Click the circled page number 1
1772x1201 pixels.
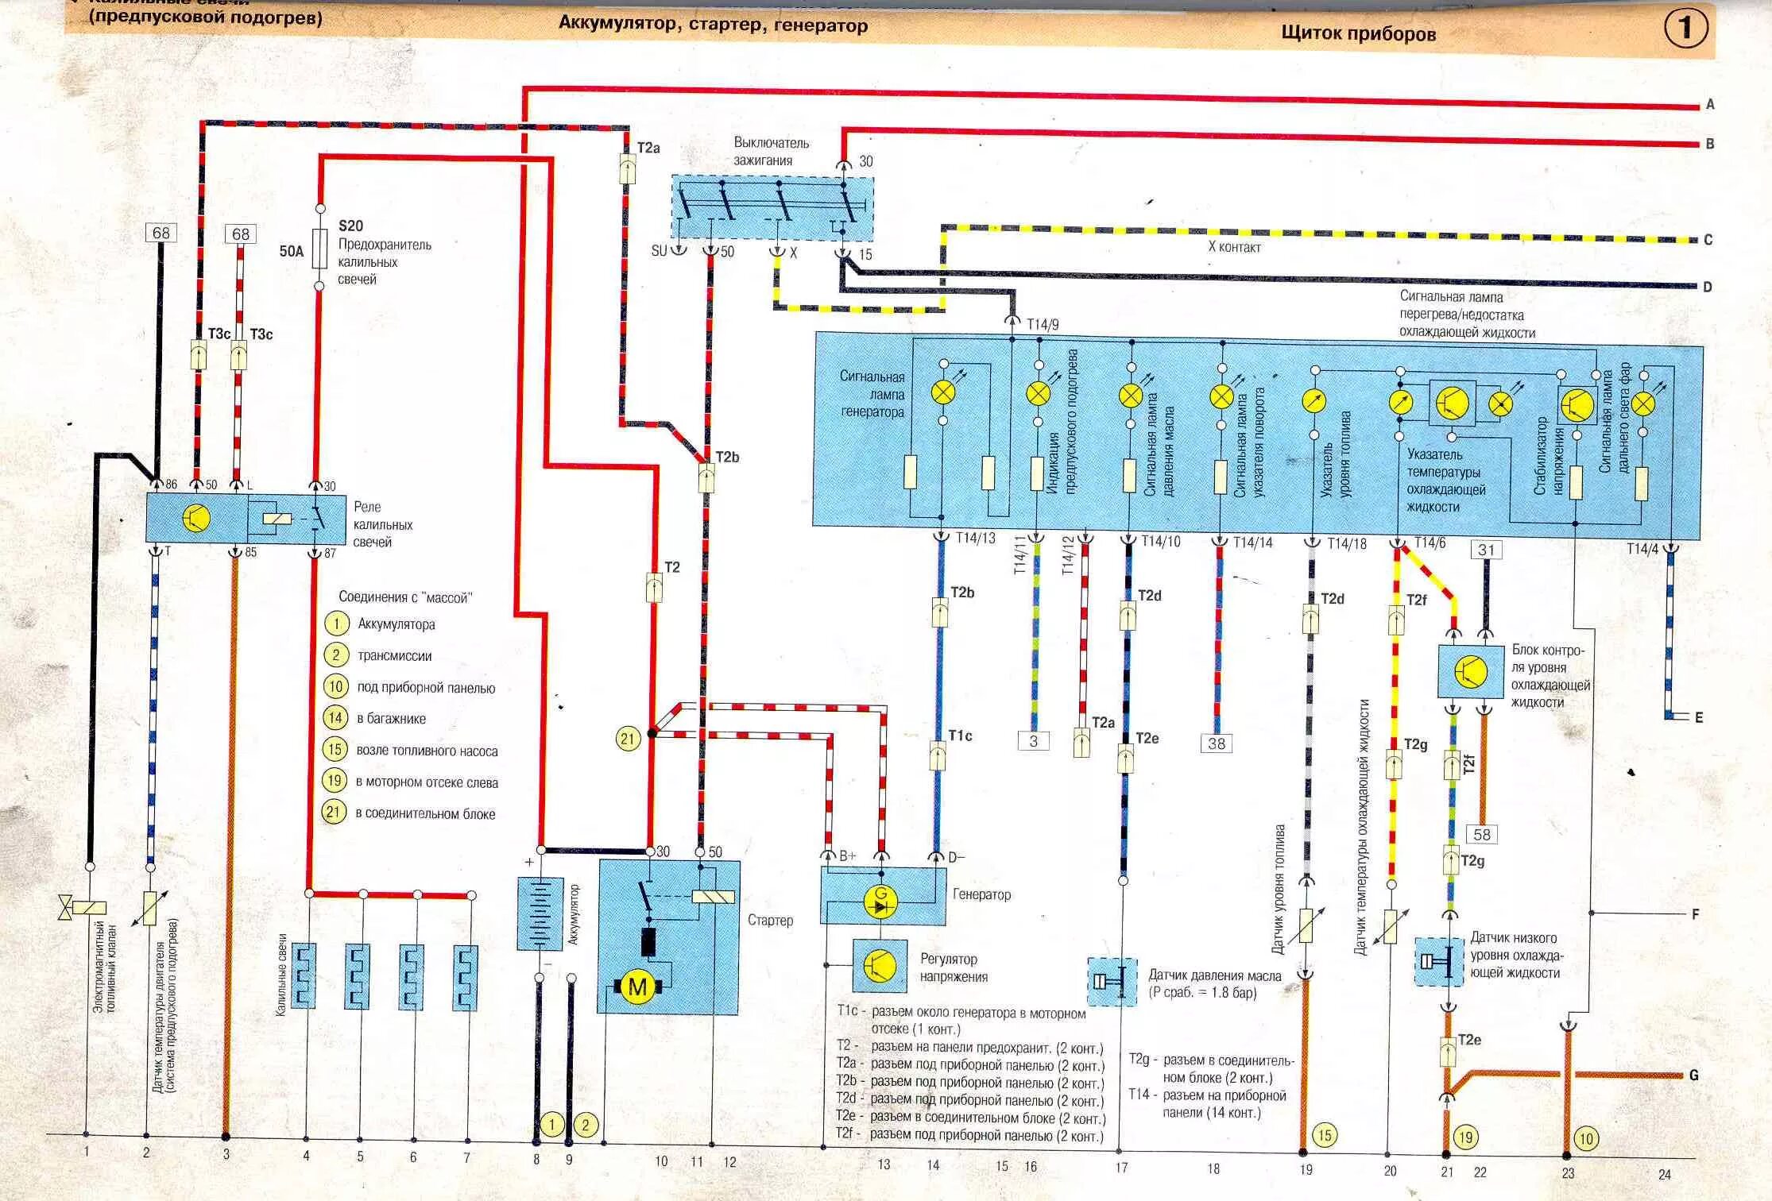point(1685,29)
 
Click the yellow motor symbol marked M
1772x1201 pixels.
point(638,987)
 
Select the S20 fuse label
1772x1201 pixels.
point(350,226)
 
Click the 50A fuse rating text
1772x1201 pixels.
point(292,252)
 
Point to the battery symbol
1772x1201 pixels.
point(540,913)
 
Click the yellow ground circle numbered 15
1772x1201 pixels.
point(1325,1135)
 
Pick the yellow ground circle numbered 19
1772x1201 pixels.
point(1465,1137)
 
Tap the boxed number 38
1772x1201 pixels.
point(1217,743)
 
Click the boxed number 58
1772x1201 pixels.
point(1482,834)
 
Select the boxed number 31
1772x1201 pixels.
point(1486,550)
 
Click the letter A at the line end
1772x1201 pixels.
point(1710,105)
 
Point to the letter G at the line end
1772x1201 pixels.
point(1694,1075)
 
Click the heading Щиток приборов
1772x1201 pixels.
point(1358,34)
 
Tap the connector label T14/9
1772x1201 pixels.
point(1043,324)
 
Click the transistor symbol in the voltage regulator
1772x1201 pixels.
point(880,965)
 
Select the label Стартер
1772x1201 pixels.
point(770,920)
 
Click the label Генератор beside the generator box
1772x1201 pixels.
point(981,894)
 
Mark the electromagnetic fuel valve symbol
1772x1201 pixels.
point(82,907)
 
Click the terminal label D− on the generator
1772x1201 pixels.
point(957,856)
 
